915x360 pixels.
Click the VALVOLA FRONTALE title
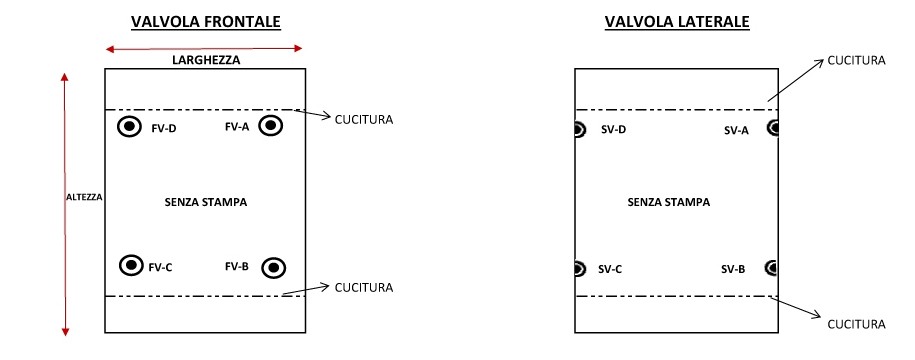pyautogui.click(x=205, y=22)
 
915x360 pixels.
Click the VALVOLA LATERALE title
pyautogui.click(x=677, y=22)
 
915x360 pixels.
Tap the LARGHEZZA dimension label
pyautogui.click(x=205, y=60)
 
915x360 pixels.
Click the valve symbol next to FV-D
pyautogui.click(x=129, y=127)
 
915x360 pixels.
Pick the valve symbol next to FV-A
pyautogui.click(x=270, y=126)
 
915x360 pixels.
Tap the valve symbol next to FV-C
pyautogui.click(x=131, y=265)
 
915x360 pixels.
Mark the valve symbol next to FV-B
pyautogui.click(x=273, y=267)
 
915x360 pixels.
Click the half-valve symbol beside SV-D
pyautogui.click(x=580, y=130)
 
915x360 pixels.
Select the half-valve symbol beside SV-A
pyautogui.click(x=772, y=128)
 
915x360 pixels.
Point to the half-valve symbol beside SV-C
pyautogui.click(x=580, y=268)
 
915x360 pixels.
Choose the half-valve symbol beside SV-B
pyautogui.click(x=771, y=267)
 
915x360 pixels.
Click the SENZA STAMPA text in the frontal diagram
pyautogui.click(x=205, y=202)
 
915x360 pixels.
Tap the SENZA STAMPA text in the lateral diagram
pyautogui.click(x=669, y=201)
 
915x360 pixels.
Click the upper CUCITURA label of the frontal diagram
pyautogui.click(x=363, y=120)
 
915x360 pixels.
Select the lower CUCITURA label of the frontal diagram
pyautogui.click(x=363, y=288)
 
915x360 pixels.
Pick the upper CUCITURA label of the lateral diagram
pyautogui.click(x=856, y=60)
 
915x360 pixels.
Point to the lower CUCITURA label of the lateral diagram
pyautogui.click(x=856, y=324)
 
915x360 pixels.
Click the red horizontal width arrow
pyautogui.click(x=205, y=48)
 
